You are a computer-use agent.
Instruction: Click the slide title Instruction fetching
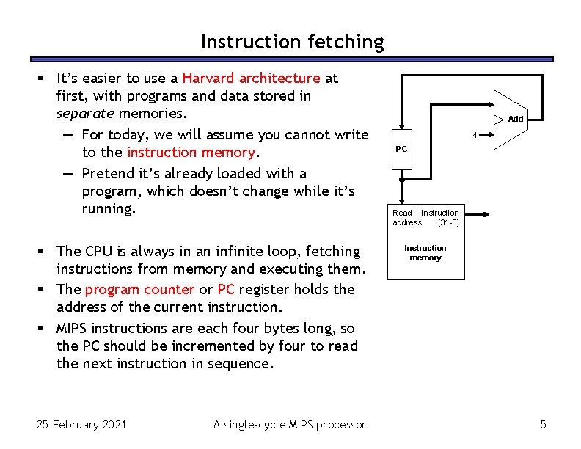click(292, 42)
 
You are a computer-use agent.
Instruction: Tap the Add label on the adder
click(516, 119)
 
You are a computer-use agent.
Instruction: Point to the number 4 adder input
click(475, 135)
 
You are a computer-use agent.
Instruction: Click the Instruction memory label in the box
click(425, 253)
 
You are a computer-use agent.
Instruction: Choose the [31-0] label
click(447, 222)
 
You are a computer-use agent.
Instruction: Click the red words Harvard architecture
click(251, 78)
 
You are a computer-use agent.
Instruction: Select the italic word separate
click(85, 114)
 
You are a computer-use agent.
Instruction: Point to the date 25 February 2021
click(81, 424)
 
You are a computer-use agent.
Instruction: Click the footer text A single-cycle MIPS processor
click(289, 424)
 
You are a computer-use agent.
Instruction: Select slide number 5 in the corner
click(543, 424)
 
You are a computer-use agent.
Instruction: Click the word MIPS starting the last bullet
click(76, 328)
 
